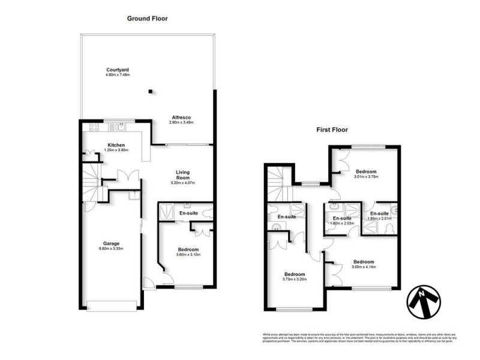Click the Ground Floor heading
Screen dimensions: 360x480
147,19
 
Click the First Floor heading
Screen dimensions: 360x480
332,130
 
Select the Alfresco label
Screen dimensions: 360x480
181,116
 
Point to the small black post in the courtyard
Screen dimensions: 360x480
151,91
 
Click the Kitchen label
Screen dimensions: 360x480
116,145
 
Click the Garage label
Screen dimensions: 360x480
110,244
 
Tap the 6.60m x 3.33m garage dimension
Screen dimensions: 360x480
110,250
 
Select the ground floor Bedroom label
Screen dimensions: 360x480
188,250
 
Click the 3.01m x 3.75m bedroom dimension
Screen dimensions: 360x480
367,177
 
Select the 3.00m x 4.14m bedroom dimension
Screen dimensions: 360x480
364,268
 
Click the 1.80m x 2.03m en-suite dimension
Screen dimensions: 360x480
343,223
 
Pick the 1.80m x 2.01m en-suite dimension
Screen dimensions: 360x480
379,219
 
